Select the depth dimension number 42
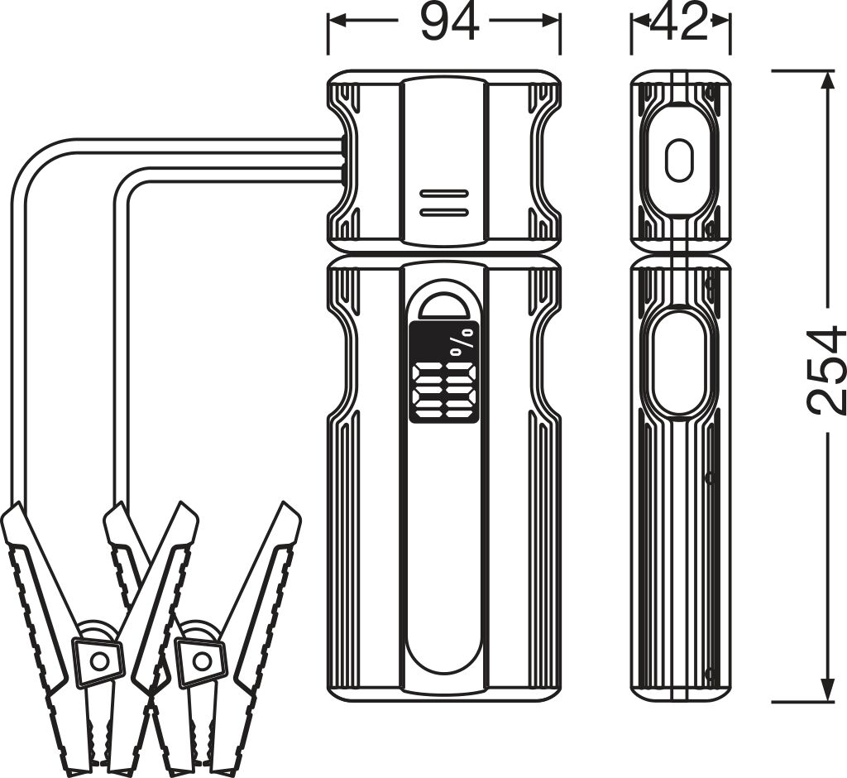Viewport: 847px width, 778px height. click(x=680, y=23)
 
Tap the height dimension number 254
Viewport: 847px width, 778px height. click(x=825, y=371)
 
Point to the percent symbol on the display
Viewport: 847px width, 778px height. click(x=464, y=342)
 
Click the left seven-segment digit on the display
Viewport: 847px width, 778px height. click(x=428, y=389)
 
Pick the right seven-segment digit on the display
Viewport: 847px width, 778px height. click(x=461, y=389)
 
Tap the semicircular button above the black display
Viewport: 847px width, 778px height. click(x=444, y=301)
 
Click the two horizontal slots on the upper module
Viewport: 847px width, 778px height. click(x=444, y=203)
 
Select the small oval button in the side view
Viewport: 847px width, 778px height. click(x=679, y=160)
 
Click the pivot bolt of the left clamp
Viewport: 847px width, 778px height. click(x=99, y=660)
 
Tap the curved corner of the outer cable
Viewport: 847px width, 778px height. click(x=33, y=161)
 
